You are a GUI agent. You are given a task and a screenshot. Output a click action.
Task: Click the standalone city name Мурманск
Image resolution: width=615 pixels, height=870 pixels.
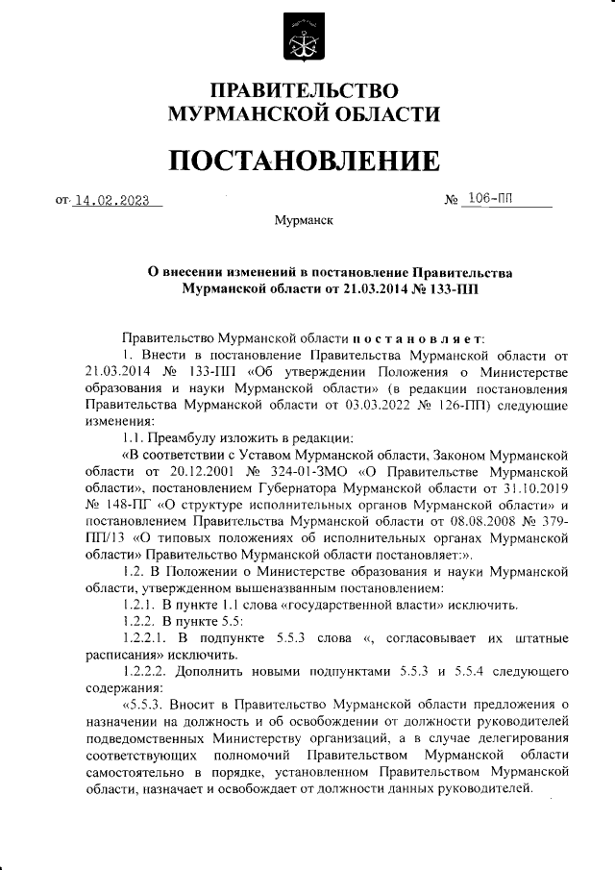pos(304,221)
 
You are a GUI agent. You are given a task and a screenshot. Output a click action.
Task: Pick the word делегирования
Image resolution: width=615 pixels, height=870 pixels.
pos(515,739)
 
